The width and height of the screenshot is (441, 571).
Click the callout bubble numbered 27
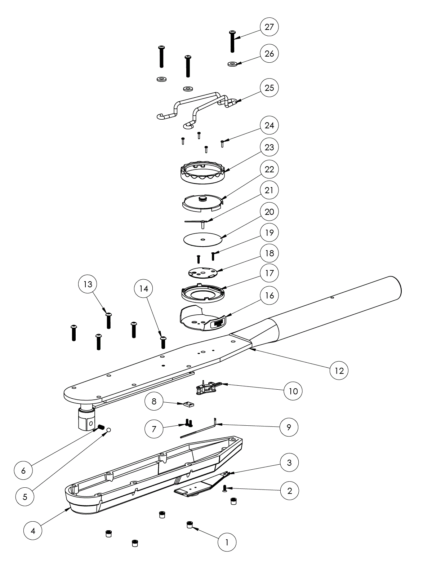269,27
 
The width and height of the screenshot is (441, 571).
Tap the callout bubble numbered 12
339,370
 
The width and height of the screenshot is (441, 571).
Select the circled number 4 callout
33,531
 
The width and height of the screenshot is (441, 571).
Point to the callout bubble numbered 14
144,288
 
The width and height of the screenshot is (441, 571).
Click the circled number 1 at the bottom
227,542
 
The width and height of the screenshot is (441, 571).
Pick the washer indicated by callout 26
232,64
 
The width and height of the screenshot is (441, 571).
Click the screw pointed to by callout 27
232,41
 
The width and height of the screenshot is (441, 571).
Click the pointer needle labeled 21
196,221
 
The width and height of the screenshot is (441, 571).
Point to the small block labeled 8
188,404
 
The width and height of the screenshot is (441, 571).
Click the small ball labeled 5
108,429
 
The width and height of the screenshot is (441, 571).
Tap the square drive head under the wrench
87,420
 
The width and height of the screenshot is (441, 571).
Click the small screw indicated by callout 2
225,489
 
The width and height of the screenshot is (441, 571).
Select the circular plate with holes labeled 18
203,272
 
